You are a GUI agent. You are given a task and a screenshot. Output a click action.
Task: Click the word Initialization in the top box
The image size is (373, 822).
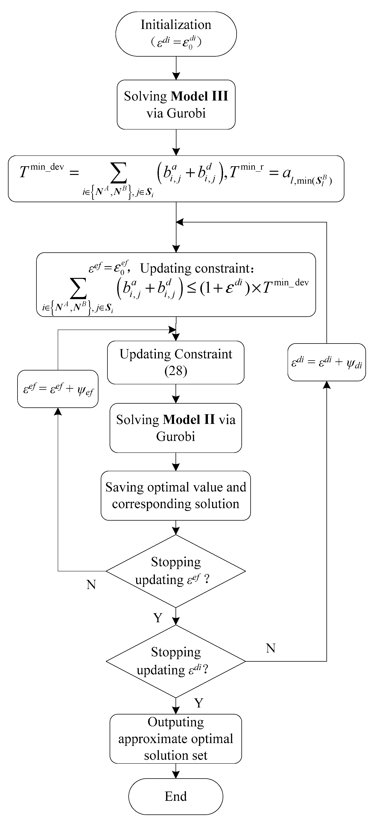(x=176, y=25)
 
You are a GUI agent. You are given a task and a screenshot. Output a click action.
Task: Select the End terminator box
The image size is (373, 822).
(x=176, y=796)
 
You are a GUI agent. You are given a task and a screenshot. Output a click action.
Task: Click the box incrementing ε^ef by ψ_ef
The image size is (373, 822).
(x=58, y=389)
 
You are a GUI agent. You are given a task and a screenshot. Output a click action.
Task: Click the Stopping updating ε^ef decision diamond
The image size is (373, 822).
(x=176, y=571)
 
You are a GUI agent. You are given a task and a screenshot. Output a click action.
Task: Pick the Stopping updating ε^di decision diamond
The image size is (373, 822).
(x=176, y=661)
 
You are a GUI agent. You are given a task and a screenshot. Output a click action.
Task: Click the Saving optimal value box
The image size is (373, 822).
(x=176, y=496)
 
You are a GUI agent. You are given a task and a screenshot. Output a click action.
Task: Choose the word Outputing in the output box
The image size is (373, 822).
(x=176, y=722)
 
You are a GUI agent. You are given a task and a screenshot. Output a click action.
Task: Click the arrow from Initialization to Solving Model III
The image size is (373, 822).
(x=176, y=68)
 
